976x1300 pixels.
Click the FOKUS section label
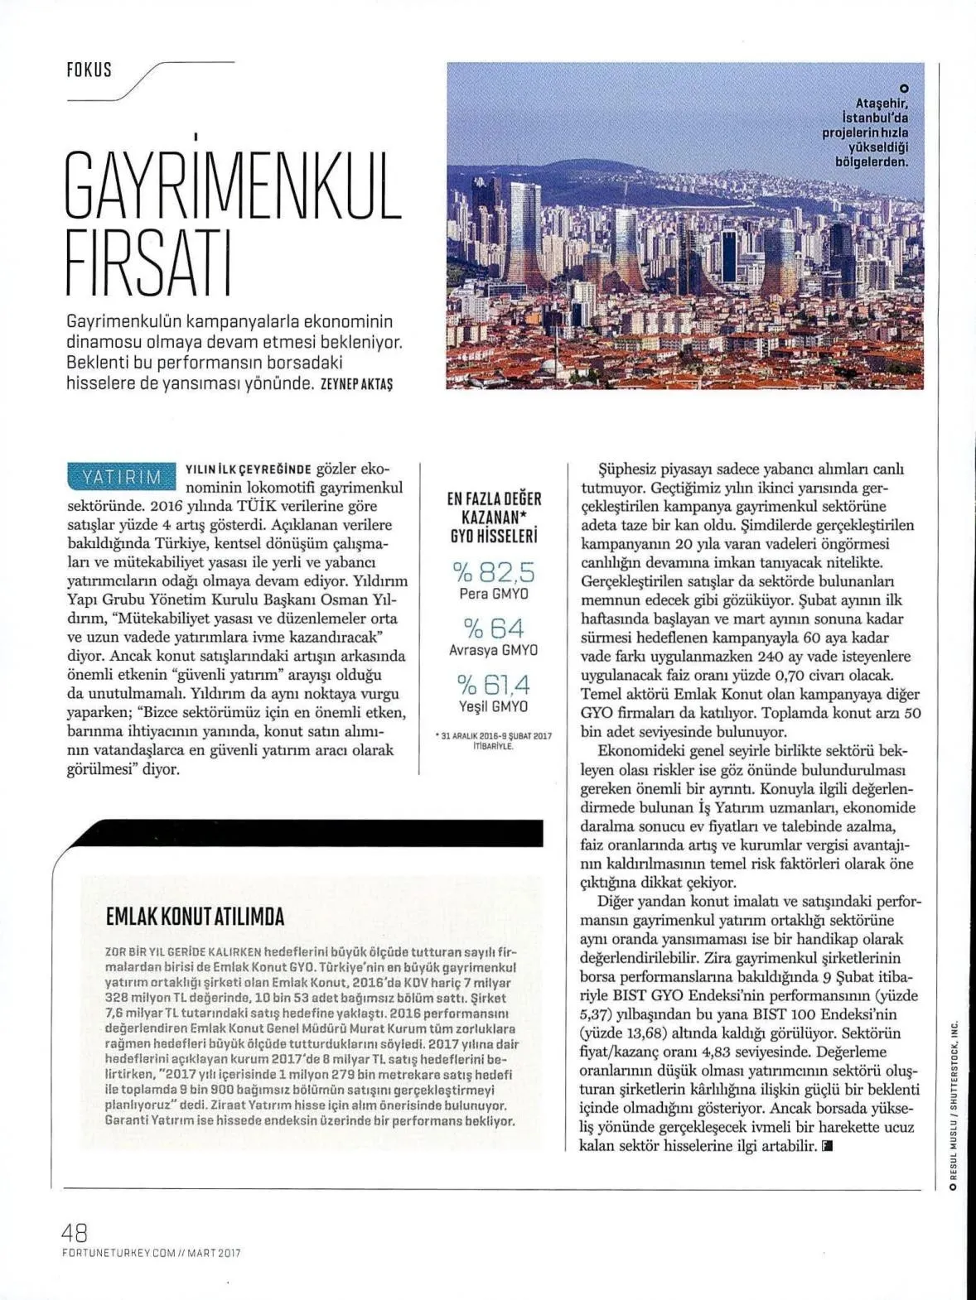89,70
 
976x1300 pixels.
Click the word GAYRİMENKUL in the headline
233,185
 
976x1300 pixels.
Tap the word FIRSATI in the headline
148,265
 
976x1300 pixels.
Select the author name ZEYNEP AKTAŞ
356,384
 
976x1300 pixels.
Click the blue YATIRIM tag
121,476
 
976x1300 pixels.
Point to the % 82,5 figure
494,571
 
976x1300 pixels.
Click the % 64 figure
494,628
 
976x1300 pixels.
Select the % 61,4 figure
494,684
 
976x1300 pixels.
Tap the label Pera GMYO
494,594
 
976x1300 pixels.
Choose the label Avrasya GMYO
494,650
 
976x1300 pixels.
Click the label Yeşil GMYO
494,706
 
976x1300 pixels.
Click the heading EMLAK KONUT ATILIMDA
196,916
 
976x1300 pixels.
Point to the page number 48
75,1232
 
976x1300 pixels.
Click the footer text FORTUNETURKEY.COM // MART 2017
151,1253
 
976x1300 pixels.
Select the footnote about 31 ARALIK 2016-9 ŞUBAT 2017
494,740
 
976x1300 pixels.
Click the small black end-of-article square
827,1147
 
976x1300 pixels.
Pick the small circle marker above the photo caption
904,89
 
